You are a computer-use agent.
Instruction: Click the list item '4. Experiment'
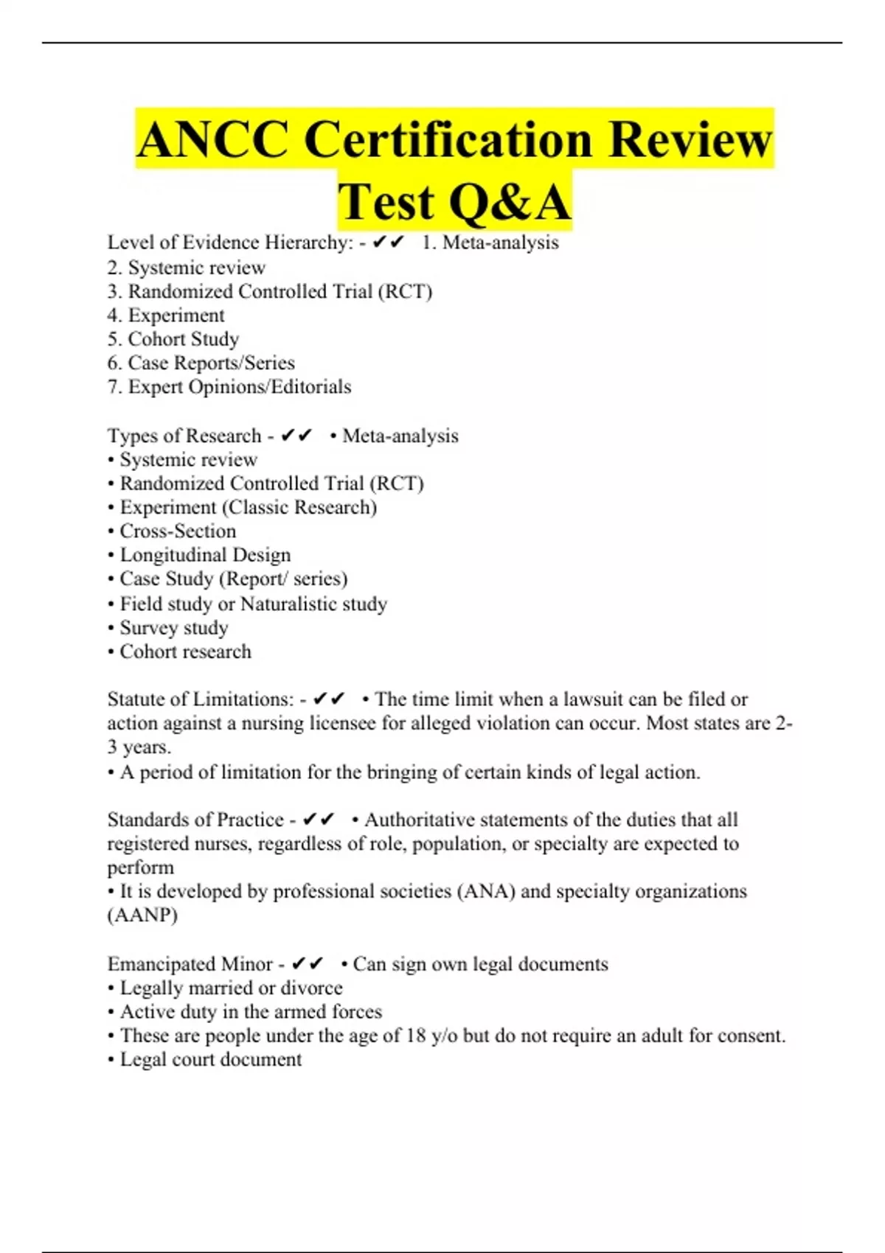pyautogui.click(x=166, y=315)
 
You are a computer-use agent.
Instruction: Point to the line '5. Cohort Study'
pyautogui.click(x=173, y=339)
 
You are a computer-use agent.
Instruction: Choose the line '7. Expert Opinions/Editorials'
pyautogui.click(x=229, y=387)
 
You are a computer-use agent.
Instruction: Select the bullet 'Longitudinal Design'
pyautogui.click(x=199, y=555)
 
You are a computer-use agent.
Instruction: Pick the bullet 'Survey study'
pyautogui.click(x=168, y=628)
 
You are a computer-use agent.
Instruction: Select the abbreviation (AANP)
pyautogui.click(x=142, y=915)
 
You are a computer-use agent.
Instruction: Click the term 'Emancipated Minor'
pyautogui.click(x=190, y=964)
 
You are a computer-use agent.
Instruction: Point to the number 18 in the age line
pyautogui.click(x=416, y=1036)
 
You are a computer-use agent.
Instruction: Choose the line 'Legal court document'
pyautogui.click(x=205, y=1060)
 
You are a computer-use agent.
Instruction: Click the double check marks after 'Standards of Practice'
pyautogui.click(x=319, y=820)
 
